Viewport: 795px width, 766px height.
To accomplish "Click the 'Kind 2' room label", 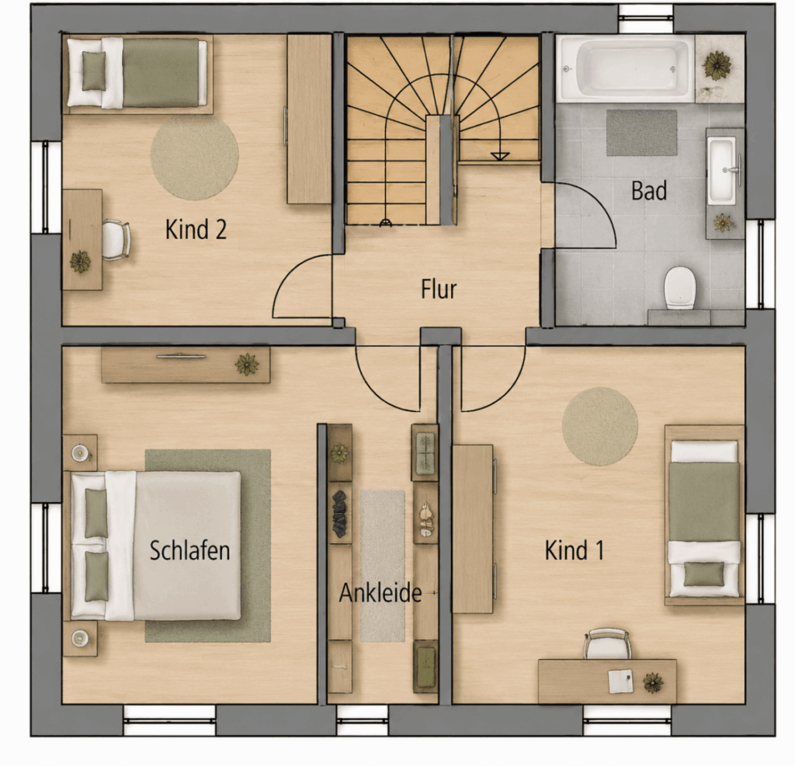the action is pos(196,230).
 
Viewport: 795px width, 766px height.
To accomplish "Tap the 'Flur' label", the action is pos(439,289).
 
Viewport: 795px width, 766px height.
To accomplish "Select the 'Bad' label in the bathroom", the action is pos(648,191).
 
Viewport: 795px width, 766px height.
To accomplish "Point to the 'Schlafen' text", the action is pos(189,550).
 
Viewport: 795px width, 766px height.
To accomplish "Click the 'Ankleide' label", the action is pos(380,593).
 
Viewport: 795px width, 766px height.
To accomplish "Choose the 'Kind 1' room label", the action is pos(574,550).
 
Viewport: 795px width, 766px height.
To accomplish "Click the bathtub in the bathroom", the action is pos(625,68).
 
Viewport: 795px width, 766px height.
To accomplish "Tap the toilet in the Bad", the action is pos(679,287).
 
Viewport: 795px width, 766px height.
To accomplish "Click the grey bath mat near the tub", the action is pos(641,133).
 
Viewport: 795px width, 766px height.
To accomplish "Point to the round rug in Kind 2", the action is pos(195,157).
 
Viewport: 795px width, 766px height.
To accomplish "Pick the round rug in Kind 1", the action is pos(600,426).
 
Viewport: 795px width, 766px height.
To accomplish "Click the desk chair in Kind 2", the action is pos(116,240).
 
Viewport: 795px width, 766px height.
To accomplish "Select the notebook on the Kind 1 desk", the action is pos(620,681).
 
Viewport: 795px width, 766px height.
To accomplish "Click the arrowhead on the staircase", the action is pos(500,156).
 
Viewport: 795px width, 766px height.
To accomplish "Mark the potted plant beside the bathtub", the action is pos(717,65).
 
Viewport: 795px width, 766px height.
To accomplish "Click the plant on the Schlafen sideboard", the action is pos(247,365).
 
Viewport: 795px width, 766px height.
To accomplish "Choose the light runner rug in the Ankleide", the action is pos(383,566).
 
